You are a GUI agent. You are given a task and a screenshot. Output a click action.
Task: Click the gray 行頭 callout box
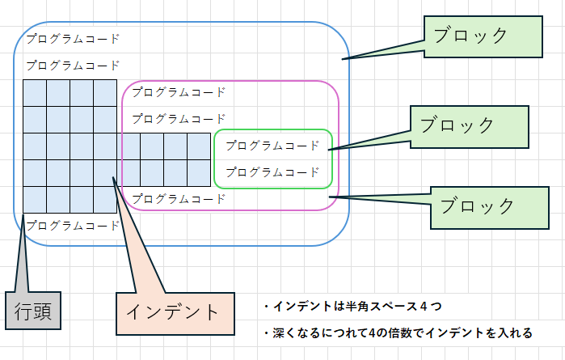pyautogui.click(x=33, y=311)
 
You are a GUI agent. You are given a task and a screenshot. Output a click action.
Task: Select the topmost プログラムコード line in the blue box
pyautogui.click(x=73, y=38)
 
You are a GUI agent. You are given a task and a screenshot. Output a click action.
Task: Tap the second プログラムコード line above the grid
pyautogui.click(x=73, y=66)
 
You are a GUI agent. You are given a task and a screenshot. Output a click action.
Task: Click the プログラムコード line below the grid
pyautogui.click(x=73, y=226)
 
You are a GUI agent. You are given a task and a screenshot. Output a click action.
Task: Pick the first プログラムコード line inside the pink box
pyautogui.click(x=179, y=92)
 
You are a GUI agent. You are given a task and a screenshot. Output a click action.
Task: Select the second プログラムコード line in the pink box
pyautogui.click(x=179, y=119)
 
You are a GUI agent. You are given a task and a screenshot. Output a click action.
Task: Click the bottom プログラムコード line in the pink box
pyautogui.click(x=179, y=198)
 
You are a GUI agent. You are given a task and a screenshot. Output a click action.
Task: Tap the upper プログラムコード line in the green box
pyautogui.click(x=272, y=146)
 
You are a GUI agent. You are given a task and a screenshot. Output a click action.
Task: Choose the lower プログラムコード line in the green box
pyautogui.click(x=272, y=172)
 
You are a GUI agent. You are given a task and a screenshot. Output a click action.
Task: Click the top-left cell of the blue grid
pyautogui.click(x=34, y=93)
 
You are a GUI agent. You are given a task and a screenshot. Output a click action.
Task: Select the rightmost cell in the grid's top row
pyautogui.click(x=105, y=93)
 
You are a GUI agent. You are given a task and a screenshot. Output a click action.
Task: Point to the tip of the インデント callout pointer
pyautogui.click(x=112, y=176)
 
